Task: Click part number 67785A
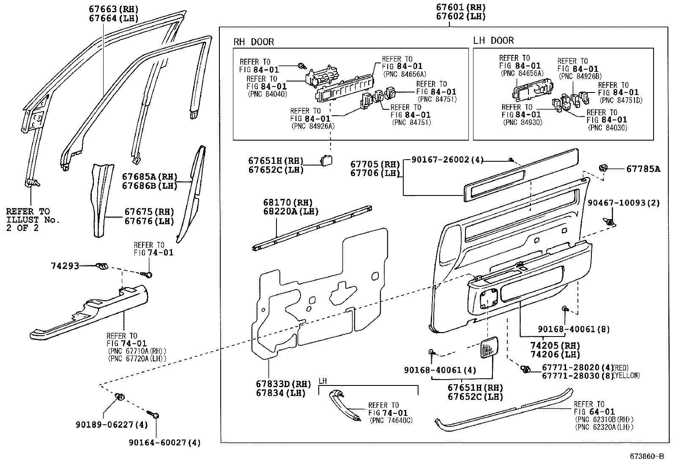tap(643, 169)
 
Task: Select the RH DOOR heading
tap(254, 42)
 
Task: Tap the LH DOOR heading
tap(493, 41)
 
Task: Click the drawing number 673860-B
tap(647, 456)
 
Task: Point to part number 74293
tap(65, 266)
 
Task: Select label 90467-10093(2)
tap(624, 203)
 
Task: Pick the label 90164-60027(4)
tap(164, 442)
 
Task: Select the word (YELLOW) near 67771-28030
tap(627, 375)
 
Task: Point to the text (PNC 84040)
tap(267, 94)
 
